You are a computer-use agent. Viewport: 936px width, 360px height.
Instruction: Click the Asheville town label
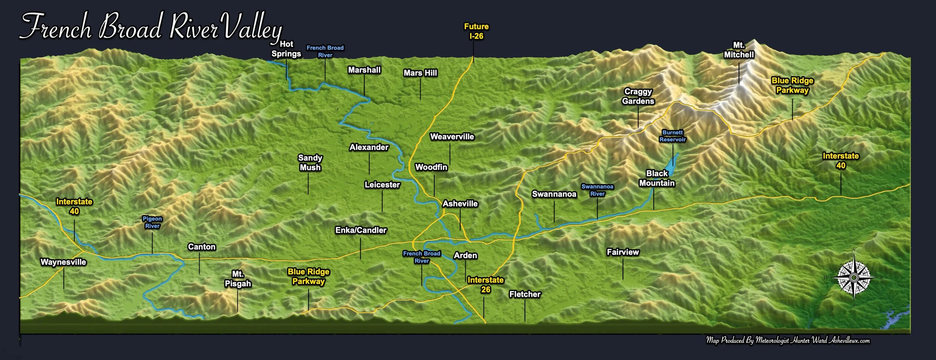pos(460,204)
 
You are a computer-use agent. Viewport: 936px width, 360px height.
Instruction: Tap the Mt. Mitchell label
pos(738,50)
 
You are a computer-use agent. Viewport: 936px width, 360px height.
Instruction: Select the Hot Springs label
pos(286,49)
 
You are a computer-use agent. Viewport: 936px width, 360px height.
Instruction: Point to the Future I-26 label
pos(476,31)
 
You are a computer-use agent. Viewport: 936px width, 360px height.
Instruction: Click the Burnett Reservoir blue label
pos(672,136)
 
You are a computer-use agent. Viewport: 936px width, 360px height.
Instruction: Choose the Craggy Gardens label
pos(638,96)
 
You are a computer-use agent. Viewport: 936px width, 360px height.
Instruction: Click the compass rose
pos(854,277)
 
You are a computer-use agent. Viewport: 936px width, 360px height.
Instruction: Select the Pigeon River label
pos(152,222)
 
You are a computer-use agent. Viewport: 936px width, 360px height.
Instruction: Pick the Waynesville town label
pos(63,262)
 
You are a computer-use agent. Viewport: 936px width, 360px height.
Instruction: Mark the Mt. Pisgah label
pos(238,279)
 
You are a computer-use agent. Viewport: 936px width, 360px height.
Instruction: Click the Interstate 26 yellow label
pos(485,284)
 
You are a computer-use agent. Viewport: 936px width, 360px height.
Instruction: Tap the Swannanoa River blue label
pos(597,190)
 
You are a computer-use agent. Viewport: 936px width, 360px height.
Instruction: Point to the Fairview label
pos(623,252)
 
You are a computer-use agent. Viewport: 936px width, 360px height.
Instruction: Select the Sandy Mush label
pos(310,162)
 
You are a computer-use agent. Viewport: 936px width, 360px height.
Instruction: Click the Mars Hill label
pos(420,73)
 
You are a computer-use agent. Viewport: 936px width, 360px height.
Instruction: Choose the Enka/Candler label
pos(361,230)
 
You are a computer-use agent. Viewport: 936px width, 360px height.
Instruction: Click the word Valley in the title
pos(253,27)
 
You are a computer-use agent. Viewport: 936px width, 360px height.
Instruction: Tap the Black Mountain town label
pos(657,178)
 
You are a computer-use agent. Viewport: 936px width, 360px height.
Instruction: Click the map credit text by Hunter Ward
pos(788,340)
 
